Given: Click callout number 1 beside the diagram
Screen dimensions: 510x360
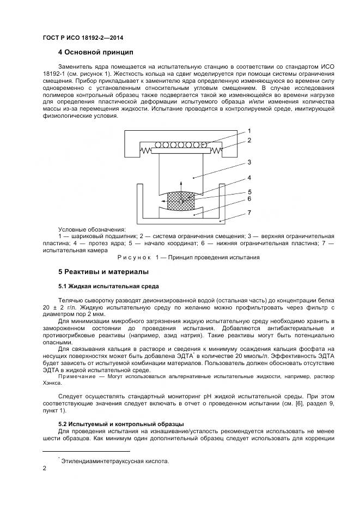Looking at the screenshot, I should (249, 131).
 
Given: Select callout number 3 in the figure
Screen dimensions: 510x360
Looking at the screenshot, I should (249, 162).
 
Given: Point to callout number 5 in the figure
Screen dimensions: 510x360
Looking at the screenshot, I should (249, 191).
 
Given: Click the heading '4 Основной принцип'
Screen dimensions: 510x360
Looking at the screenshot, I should (95, 53).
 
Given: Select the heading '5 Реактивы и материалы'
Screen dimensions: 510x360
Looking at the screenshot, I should (103, 271).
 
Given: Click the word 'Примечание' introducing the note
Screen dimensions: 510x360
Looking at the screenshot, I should (76, 377).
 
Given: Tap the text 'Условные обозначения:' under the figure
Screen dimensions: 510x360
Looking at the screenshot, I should (91, 229).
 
